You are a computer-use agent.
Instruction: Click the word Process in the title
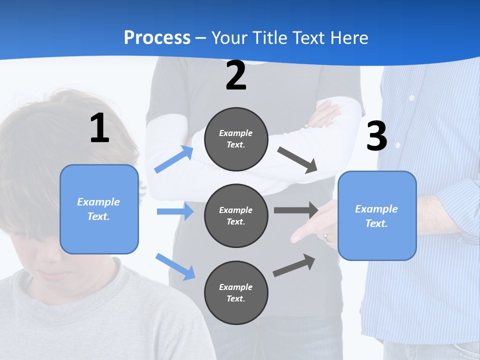[x=157, y=38]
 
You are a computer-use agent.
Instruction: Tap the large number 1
[x=99, y=128]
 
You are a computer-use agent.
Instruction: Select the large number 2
[x=236, y=75]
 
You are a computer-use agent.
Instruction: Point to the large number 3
[x=377, y=136]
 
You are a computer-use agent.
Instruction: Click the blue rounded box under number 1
[x=99, y=209]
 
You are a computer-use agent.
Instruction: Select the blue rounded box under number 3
[x=377, y=215]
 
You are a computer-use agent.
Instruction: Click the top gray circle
[x=236, y=139]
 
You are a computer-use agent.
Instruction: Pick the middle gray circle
[x=236, y=215]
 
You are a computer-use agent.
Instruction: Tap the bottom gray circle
[x=236, y=292]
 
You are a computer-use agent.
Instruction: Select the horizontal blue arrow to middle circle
[x=175, y=211]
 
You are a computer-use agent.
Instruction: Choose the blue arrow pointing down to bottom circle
[x=175, y=266]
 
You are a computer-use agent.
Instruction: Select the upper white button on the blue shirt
[x=411, y=98]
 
